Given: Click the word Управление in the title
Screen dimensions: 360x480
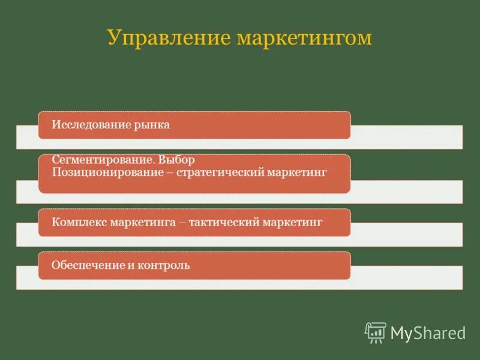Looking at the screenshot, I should click(169, 38).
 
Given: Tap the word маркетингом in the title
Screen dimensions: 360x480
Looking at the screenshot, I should click(305, 38).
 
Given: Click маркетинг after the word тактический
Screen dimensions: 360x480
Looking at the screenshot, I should click(294, 222).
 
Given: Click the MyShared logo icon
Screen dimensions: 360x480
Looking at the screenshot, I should click(376, 332).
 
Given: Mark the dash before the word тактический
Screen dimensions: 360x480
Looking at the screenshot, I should click(181, 223).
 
